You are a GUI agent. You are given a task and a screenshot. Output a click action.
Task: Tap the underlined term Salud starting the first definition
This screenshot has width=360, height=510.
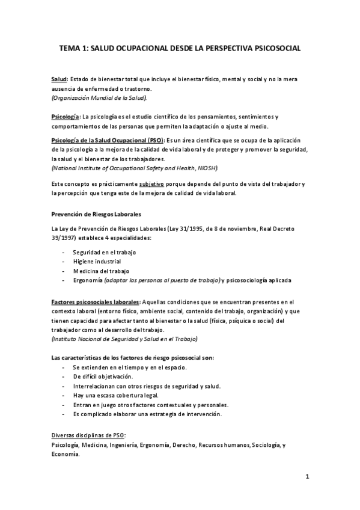coord(59,79)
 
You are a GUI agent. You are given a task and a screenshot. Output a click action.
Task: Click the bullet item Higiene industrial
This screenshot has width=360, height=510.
coord(97,262)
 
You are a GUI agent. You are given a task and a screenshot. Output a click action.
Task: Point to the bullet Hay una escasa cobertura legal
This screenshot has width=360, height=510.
coord(115,395)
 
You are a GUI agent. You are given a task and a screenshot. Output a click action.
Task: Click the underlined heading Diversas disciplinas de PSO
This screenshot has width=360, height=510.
coord(88,435)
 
